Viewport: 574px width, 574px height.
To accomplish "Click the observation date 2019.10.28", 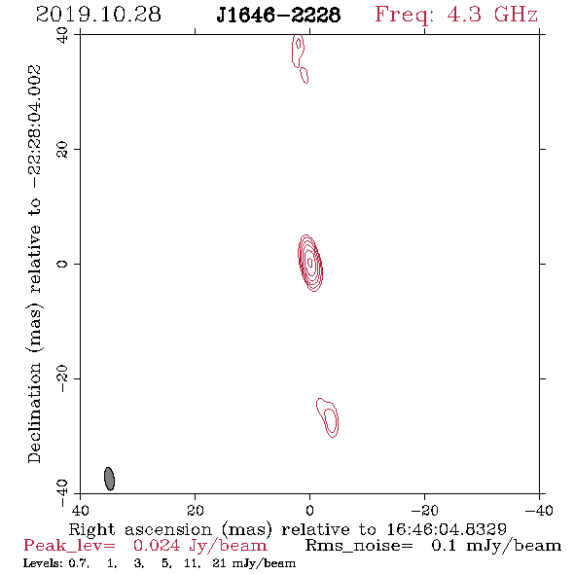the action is coord(98,15).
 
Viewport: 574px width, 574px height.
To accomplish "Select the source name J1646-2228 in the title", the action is coord(278,16).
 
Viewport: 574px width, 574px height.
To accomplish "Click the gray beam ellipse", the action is coord(110,479).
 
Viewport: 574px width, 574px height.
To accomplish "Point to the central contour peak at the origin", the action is coord(310,263).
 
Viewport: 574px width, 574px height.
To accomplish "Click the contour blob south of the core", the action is coord(328,417).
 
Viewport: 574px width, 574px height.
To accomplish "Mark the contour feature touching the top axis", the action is coord(299,52).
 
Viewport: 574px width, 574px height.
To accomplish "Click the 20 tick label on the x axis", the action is coord(196,510).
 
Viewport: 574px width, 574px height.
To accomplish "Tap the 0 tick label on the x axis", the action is coord(310,510).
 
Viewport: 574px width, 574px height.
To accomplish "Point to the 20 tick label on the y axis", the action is coord(62,150).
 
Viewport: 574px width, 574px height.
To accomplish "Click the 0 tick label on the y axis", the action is coord(62,264).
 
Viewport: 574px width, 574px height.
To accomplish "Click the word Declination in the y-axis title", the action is coord(34,413).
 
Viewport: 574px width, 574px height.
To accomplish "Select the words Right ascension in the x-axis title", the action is coord(140,529).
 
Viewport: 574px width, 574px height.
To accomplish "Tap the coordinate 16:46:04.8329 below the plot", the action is coord(447,529).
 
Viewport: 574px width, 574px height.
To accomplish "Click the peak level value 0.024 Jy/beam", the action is coord(199,546).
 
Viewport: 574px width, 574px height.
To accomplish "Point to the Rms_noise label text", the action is coord(359,546).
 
